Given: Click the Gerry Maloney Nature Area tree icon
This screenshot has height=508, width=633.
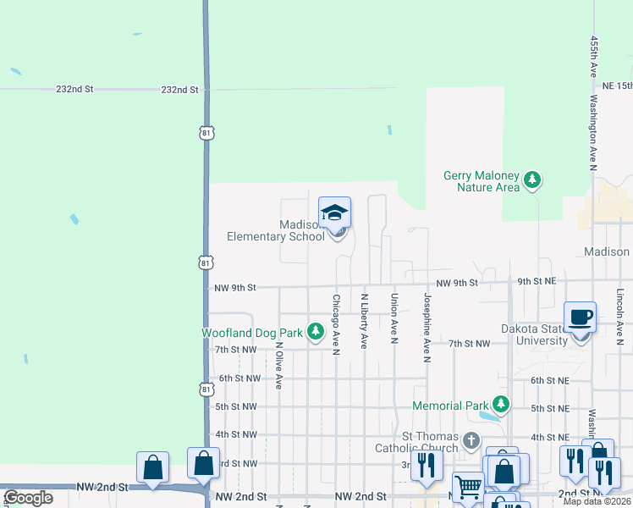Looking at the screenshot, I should (x=532, y=179).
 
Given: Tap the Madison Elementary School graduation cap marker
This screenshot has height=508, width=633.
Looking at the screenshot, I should (x=334, y=213).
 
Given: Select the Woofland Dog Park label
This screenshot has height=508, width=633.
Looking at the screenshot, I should (x=251, y=333).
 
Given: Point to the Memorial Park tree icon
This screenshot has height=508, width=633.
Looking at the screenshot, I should (x=502, y=405).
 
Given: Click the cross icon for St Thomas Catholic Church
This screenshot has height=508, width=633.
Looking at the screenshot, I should (x=471, y=440).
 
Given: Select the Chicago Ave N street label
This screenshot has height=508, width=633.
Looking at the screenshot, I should (x=336, y=324).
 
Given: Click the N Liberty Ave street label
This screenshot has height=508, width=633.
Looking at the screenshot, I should (x=365, y=321).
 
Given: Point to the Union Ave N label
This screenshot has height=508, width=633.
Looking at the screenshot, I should (x=394, y=319).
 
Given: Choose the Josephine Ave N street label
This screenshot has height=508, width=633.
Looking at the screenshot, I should (x=427, y=328).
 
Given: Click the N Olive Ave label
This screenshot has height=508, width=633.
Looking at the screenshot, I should (x=278, y=365).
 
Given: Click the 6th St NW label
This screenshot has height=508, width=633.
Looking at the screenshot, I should (x=237, y=378).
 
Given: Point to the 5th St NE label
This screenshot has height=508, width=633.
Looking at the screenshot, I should (x=549, y=408).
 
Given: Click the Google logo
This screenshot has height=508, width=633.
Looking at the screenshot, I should (x=28, y=498).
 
